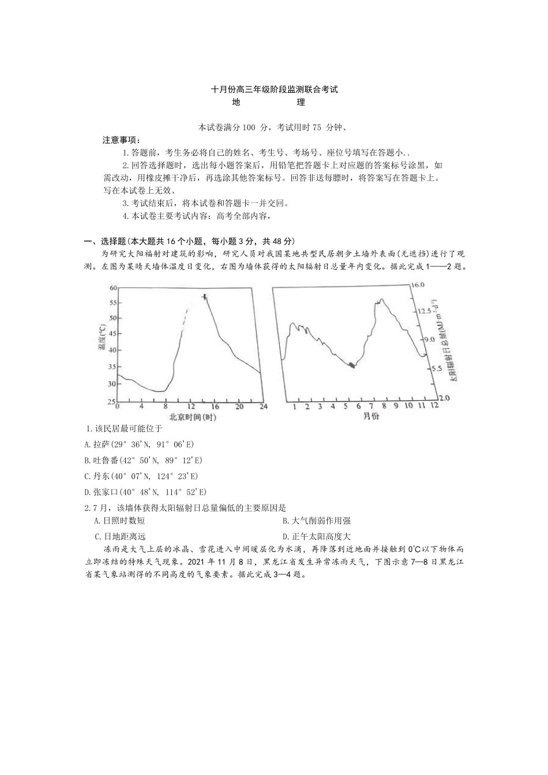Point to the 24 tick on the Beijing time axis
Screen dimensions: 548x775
[264, 407]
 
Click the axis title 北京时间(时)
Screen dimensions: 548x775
[193, 417]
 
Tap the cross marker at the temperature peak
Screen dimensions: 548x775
[205, 297]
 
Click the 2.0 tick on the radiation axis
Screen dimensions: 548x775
[444, 398]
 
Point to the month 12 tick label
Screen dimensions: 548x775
[434, 406]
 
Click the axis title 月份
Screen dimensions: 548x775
[371, 416]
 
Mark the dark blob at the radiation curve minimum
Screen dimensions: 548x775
[352, 364]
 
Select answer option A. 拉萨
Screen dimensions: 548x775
[138, 445]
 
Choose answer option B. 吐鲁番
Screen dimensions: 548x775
[143, 460]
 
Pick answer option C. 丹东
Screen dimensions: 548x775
[141, 476]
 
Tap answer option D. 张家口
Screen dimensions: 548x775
[145, 492]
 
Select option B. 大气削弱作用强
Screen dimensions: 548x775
[316, 521]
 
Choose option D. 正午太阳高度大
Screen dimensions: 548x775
[316, 536]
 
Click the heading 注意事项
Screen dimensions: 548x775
[121, 140]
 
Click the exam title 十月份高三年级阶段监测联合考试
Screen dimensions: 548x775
[273, 89]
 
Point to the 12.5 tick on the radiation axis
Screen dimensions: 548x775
[424, 311]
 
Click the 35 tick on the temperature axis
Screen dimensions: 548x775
[112, 367]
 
